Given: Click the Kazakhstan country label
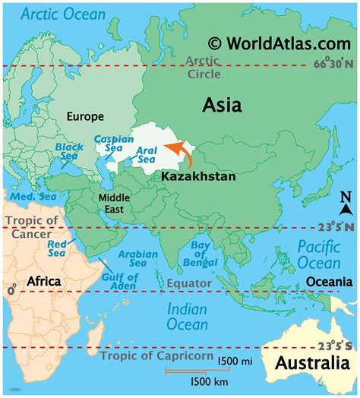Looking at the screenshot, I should coord(198,175).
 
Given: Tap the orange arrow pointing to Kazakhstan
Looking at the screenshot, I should coord(182,152).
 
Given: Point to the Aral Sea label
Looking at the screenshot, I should coord(147,156).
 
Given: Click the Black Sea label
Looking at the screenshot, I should coord(70,151).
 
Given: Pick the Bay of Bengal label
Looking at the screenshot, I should coord(198,252).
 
